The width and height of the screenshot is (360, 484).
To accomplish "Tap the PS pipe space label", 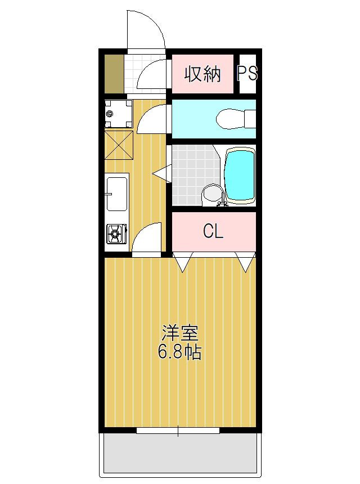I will tap(247, 74).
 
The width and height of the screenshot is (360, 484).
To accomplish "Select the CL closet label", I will tap(213, 231).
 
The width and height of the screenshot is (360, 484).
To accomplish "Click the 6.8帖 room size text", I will tap(180, 353).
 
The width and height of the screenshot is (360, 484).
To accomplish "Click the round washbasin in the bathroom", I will tap(211, 195).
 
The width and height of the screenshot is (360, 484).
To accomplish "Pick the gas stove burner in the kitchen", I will tap(116, 234).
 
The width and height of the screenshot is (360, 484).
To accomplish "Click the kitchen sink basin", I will tap(117, 193).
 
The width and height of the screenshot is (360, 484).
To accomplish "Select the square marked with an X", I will tap(118, 145).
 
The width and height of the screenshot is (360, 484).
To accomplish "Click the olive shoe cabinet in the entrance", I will tap(114, 74).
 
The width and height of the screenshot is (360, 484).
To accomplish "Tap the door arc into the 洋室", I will tap(147, 237).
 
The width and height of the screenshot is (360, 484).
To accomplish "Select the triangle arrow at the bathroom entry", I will tap(160, 173).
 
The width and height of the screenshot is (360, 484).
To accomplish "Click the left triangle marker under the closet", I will tap(183, 262).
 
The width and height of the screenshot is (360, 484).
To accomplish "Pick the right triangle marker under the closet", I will tap(246, 262).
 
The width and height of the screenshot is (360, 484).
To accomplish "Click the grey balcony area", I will tap(180, 454).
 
